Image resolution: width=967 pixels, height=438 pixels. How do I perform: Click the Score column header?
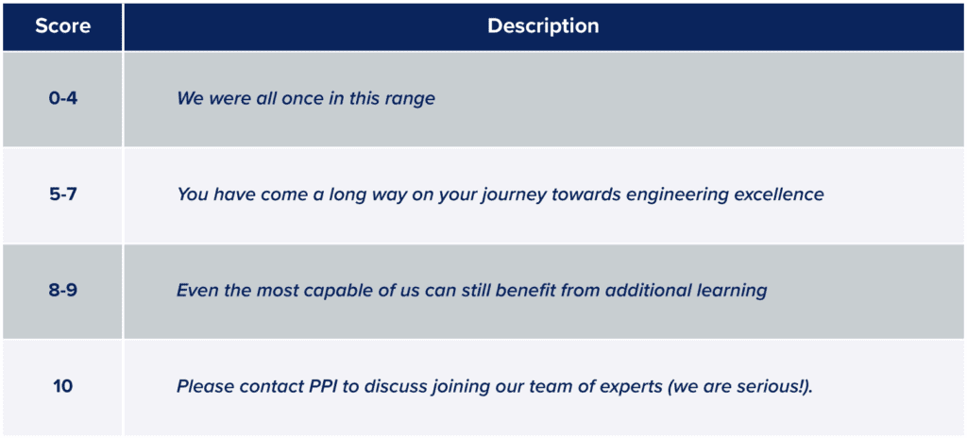[62, 26]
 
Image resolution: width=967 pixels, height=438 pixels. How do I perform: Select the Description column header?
[543, 26]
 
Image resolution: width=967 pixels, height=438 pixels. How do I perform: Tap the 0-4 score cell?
[62, 98]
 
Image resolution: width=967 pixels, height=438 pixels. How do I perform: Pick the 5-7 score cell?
[62, 194]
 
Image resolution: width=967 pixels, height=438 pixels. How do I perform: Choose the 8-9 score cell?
[62, 291]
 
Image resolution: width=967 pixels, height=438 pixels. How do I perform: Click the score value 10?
[62, 387]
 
